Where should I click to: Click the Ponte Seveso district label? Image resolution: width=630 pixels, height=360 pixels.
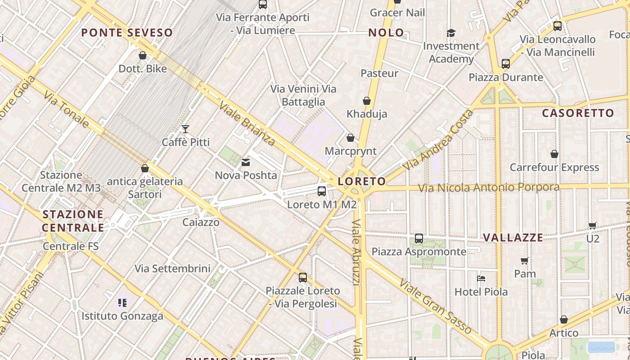127,32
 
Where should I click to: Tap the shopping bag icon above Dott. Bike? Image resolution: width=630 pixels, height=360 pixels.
143,55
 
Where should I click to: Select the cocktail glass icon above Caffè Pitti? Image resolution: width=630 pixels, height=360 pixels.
185,129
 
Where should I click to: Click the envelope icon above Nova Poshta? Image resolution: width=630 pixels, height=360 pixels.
246,162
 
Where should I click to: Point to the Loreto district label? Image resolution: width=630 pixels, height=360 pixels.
362,181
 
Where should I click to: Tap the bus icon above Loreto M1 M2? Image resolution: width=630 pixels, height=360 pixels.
322,191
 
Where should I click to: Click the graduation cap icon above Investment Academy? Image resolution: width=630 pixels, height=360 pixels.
451,33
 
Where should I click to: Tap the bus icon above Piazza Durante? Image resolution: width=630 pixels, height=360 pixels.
506,64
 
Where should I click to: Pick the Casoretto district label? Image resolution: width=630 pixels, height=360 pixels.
578,113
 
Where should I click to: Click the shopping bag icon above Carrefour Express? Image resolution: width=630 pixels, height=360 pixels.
554,154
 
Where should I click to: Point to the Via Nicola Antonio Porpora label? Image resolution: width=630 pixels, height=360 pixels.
489,187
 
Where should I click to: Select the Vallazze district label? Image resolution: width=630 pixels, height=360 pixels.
513,238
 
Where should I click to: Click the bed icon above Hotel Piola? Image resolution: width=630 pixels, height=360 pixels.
481,279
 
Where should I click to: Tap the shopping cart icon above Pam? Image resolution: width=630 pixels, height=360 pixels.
525,261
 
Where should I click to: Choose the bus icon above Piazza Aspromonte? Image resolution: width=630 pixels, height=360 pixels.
419,238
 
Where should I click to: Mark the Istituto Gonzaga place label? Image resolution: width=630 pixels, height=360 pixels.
122,316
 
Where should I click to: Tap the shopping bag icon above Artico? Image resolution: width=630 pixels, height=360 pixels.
564,319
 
